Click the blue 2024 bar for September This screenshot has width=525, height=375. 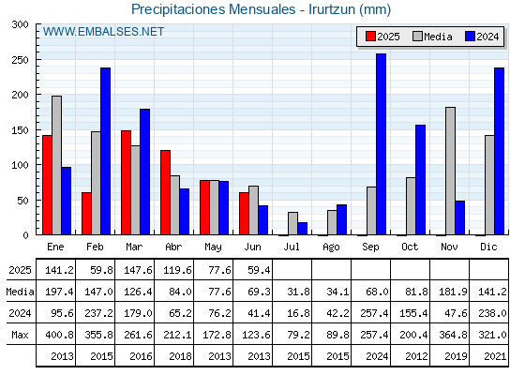[x=381, y=144]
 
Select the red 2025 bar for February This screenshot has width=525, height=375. [x=86, y=214]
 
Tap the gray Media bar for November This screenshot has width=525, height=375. [x=450, y=171]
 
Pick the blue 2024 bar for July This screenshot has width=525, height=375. [x=302, y=229]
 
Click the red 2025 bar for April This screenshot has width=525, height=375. [x=165, y=192]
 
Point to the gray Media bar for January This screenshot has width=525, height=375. [x=56, y=165]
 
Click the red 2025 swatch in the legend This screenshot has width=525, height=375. [x=370, y=37]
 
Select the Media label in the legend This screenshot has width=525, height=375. [x=438, y=37]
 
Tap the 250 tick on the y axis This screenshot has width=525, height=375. [x=21, y=60]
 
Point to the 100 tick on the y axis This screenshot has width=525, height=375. [x=21, y=165]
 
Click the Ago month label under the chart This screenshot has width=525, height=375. [x=331, y=247]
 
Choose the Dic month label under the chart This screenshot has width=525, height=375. [x=488, y=247]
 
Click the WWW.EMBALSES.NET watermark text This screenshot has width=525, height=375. [x=103, y=32]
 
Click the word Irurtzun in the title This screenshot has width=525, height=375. [x=332, y=9]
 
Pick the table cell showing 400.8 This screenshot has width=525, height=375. [x=59, y=335]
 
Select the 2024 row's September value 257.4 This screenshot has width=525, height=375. [x=374, y=313]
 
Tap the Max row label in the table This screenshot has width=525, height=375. [x=20, y=335]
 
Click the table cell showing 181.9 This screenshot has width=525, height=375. [x=453, y=292]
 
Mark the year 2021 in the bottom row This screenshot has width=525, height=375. [x=495, y=356]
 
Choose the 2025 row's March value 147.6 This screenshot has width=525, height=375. [x=138, y=270]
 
